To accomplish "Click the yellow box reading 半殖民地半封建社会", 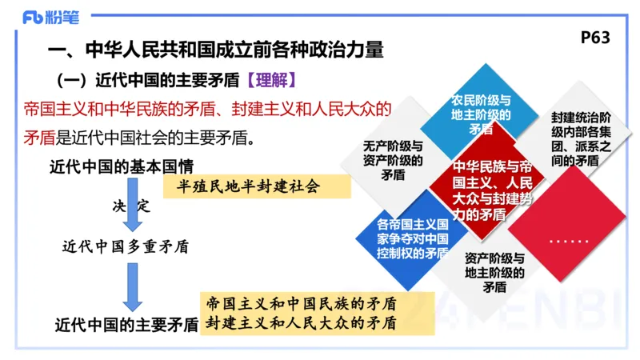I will (x=256, y=187).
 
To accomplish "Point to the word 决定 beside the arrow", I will (x=131, y=206).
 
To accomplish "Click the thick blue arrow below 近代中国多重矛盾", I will (x=132, y=286).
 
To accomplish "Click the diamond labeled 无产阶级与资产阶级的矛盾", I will (x=393, y=160).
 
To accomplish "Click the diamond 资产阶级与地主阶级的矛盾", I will (x=495, y=273).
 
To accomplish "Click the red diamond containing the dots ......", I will (x=569, y=238).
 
